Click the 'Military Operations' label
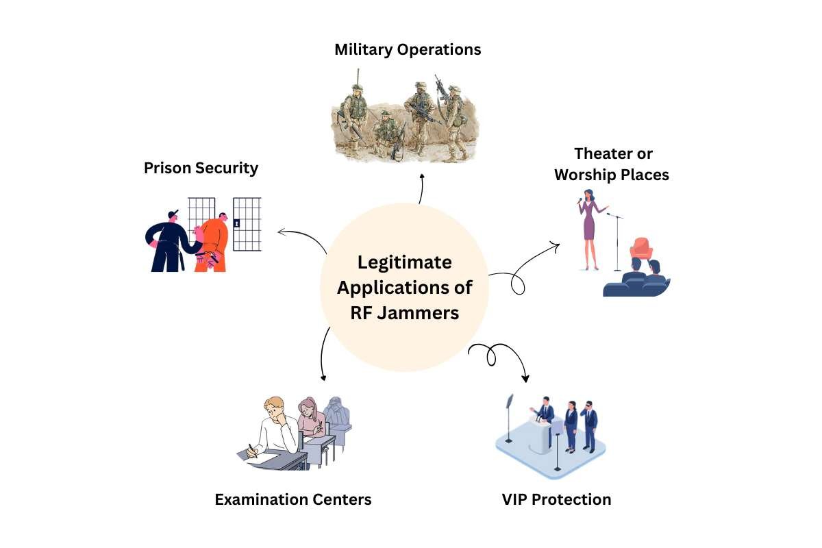click(408, 50)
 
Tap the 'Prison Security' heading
click(201, 168)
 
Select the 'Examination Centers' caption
click(293, 499)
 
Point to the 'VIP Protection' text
click(556, 499)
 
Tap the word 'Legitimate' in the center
click(405, 262)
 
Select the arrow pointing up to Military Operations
click(422, 188)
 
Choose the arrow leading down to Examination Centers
click(323, 356)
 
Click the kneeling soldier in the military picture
click(388, 133)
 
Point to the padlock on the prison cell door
click(237, 223)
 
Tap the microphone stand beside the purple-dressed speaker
click(617, 240)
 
